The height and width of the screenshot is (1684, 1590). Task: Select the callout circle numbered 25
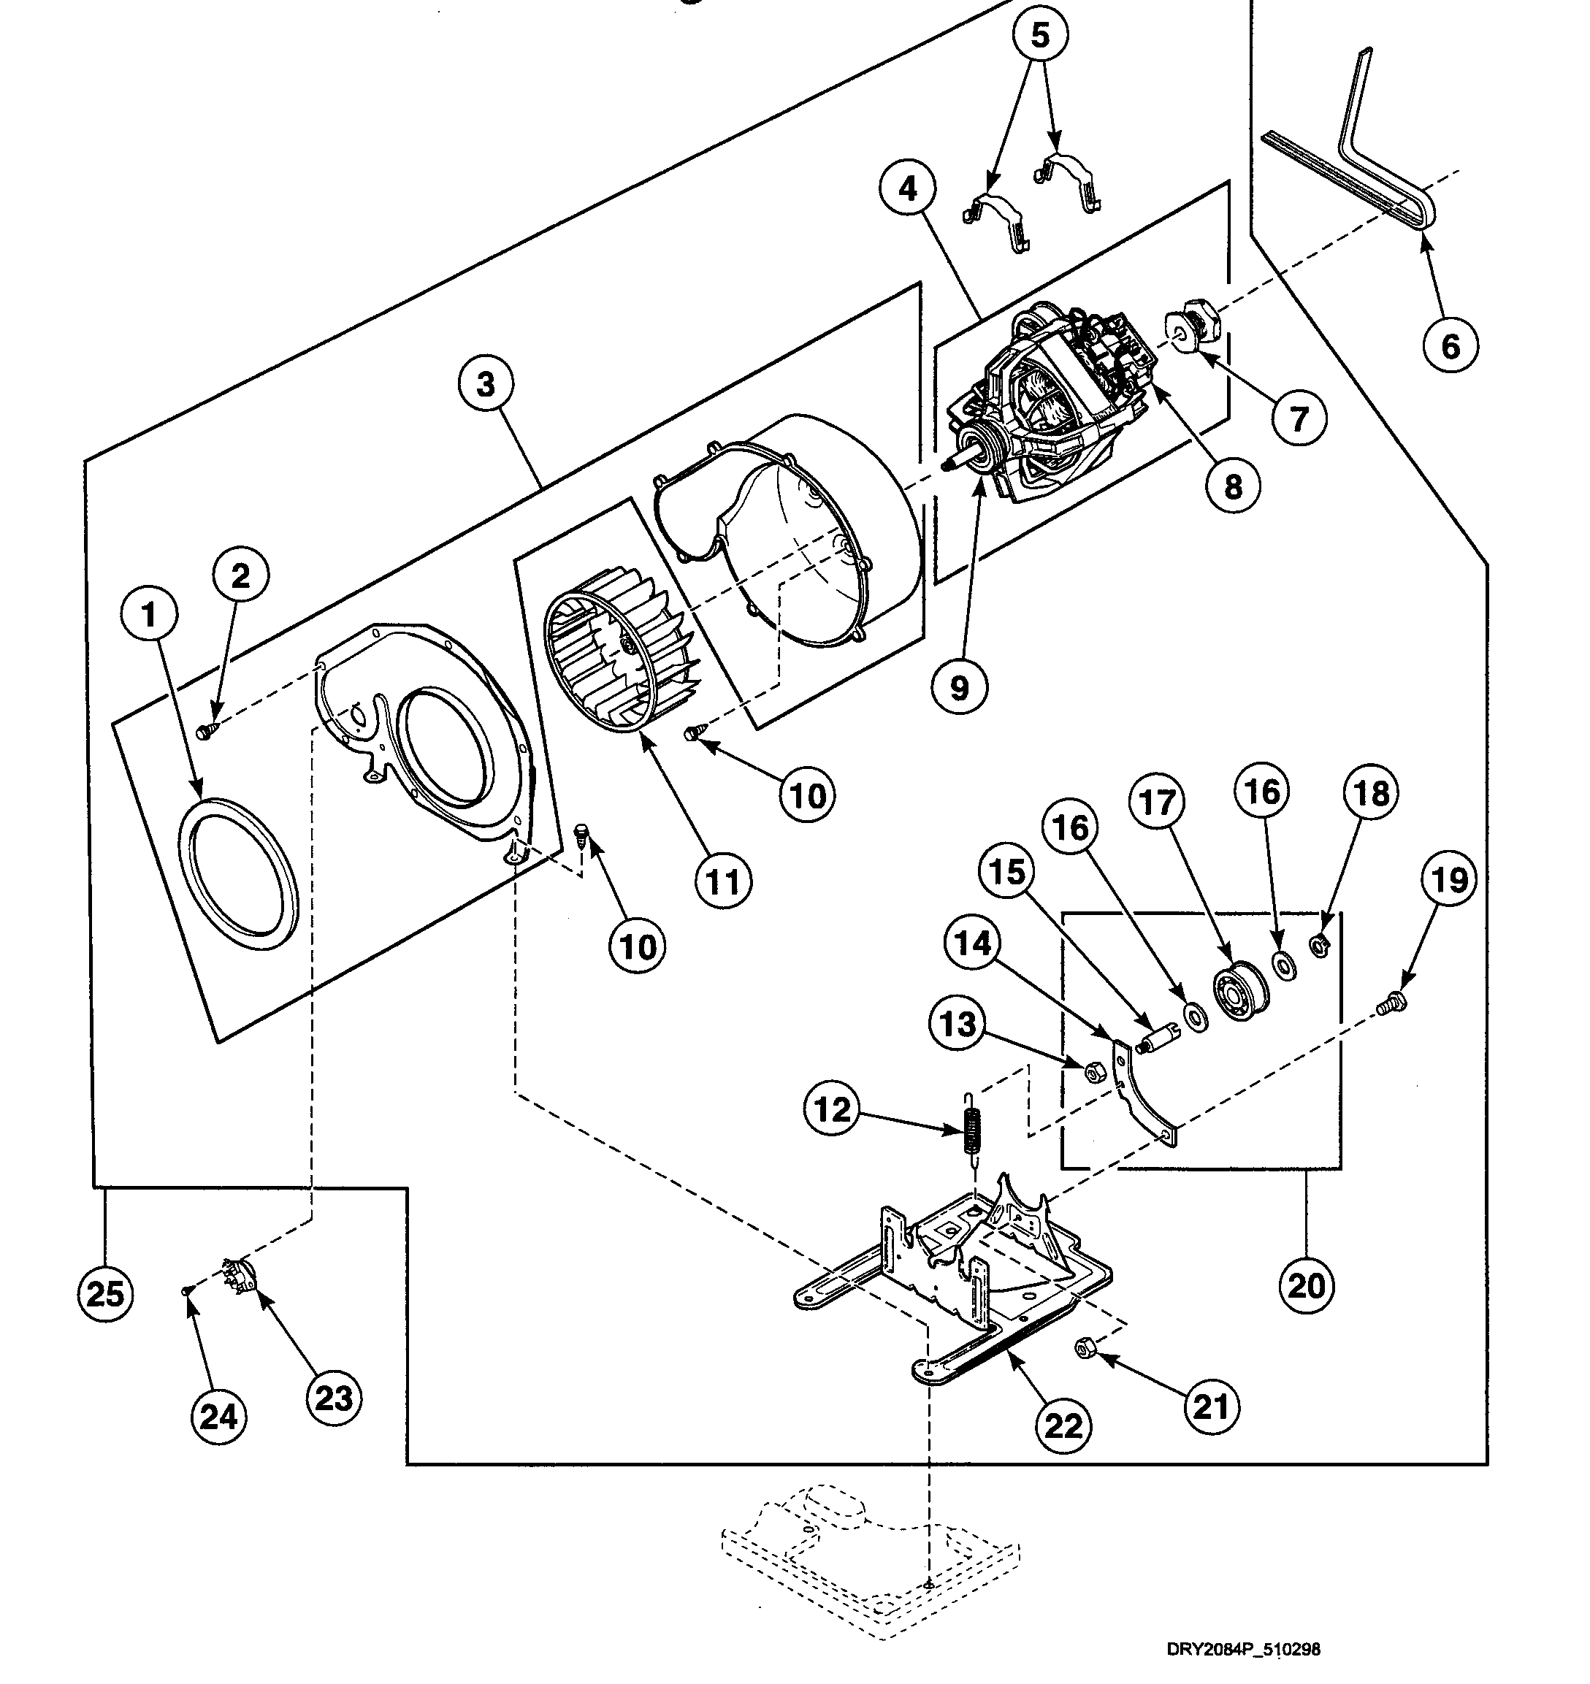coord(105,1293)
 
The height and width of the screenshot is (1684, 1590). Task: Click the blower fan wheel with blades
coord(619,662)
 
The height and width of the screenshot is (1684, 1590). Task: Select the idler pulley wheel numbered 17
coord(1242,988)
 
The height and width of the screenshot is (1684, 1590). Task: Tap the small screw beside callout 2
coord(205,730)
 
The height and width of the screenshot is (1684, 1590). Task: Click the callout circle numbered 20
coord(1305,1286)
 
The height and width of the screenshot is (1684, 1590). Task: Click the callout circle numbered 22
coord(1063,1425)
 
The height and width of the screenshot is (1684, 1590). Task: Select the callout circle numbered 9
coord(958,687)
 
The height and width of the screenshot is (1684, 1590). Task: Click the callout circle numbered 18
coord(1370,793)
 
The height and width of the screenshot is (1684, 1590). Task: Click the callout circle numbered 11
coord(722,882)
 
